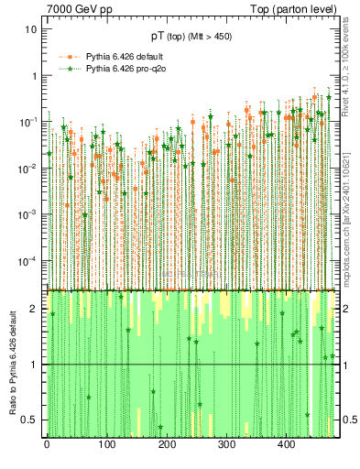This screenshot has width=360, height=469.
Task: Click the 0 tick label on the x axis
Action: pyautogui.click(x=47, y=444)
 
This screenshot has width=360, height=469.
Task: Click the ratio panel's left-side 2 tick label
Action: pyautogui.click(x=35, y=309)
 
